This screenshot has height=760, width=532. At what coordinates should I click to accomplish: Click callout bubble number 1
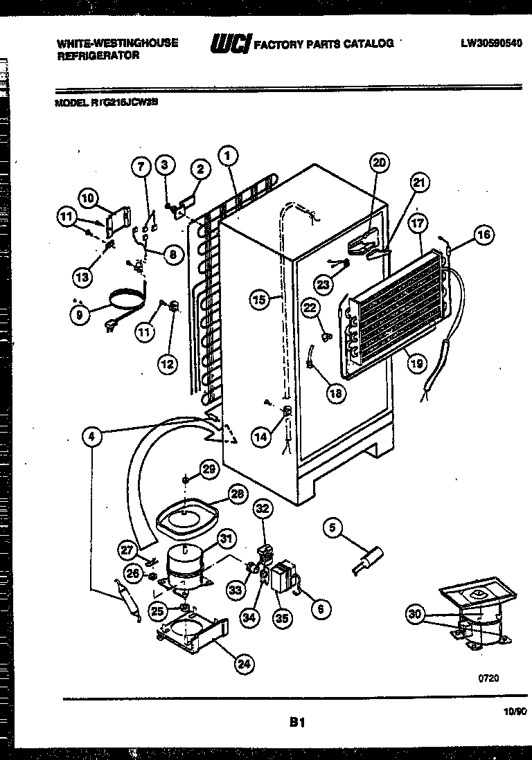pyautogui.click(x=226, y=156)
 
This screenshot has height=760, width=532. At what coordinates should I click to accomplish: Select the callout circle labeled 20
pyautogui.click(x=378, y=163)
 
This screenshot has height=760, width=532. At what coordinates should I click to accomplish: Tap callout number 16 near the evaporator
pyautogui.click(x=484, y=235)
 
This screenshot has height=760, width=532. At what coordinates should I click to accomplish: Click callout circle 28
pyautogui.click(x=238, y=494)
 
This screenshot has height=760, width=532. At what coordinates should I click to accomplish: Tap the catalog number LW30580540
pyautogui.click(x=491, y=43)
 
